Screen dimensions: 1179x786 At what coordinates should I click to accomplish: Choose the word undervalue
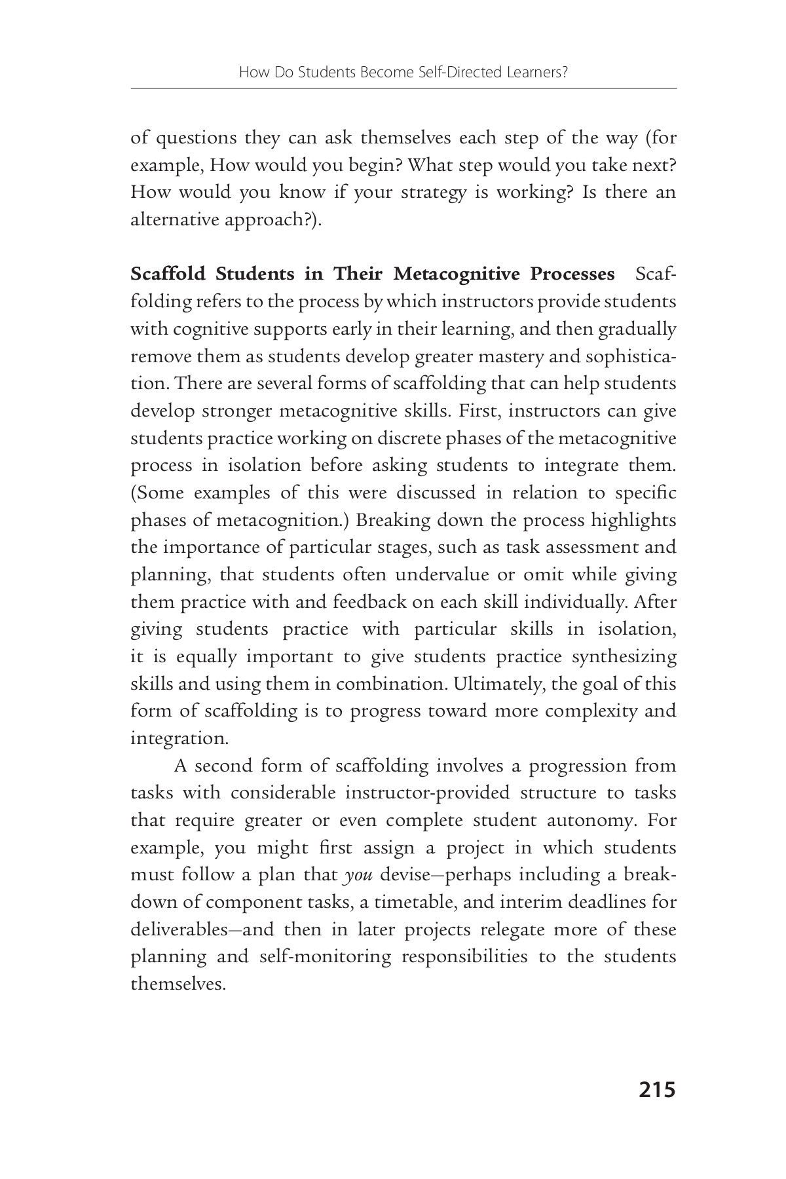click(x=442, y=574)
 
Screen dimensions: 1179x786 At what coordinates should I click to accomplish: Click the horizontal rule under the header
click(x=403, y=88)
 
